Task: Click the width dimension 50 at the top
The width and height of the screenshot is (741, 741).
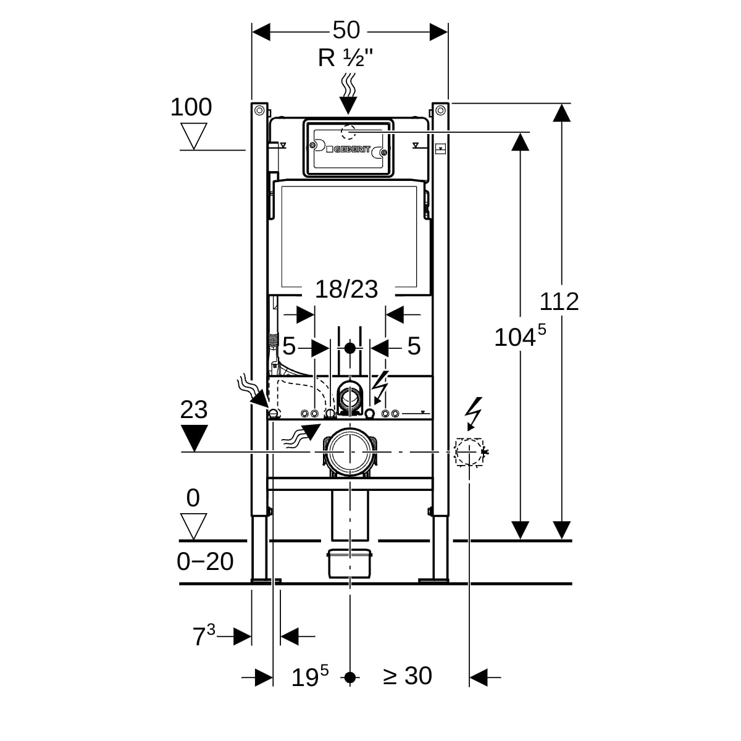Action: click(x=346, y=30)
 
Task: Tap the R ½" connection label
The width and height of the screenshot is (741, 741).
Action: click(x=345, y=58)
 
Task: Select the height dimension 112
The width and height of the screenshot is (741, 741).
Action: click(x=559, y=301)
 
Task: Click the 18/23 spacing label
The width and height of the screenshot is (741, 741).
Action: click(x=346, y=288)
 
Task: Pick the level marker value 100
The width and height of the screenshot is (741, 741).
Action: click(x=191, y=107)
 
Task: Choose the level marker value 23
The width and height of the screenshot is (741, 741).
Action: click(x=194, y=409)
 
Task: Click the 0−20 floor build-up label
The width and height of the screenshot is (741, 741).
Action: click(x=205, y=561)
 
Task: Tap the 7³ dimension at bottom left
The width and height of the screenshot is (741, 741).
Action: click(x=203, y=635)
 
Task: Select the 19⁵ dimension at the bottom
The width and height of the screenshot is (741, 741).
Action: click(x=309, y=676)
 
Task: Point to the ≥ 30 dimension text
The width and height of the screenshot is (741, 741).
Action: click(x=408, y=676)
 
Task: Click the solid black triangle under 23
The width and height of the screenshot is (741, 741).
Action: click(x=195, y=438)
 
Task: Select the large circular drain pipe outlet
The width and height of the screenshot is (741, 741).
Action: click(x=350, y=452)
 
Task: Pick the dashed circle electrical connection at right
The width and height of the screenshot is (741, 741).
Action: click(x=469, y=452)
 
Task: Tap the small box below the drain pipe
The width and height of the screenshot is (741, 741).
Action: click(x=350, y=562)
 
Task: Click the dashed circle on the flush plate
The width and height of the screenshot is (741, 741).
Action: click(x=349, y=132)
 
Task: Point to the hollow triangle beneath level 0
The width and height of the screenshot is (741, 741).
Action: click(x=194, y=526)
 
